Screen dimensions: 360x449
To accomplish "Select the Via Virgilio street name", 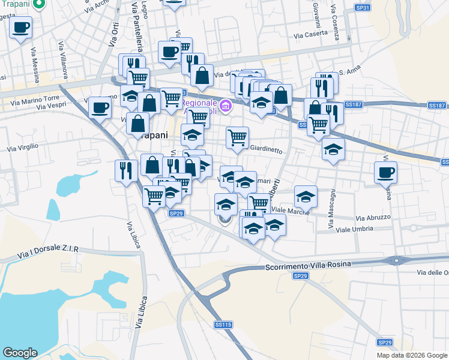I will pos(23,146).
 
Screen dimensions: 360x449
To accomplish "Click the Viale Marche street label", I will pos(291,211).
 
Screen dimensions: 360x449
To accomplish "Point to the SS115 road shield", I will pos(223,324).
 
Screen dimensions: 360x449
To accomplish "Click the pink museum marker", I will pos(226,107).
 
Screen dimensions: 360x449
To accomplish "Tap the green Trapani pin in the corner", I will pos(39,5).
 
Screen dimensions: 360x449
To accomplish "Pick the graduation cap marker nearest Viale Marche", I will pos(305,196).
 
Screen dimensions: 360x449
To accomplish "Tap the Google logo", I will pos(20,353).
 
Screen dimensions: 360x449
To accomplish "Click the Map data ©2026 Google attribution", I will pos(412,355).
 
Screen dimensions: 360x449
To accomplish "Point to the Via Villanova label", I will pos(62,60).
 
